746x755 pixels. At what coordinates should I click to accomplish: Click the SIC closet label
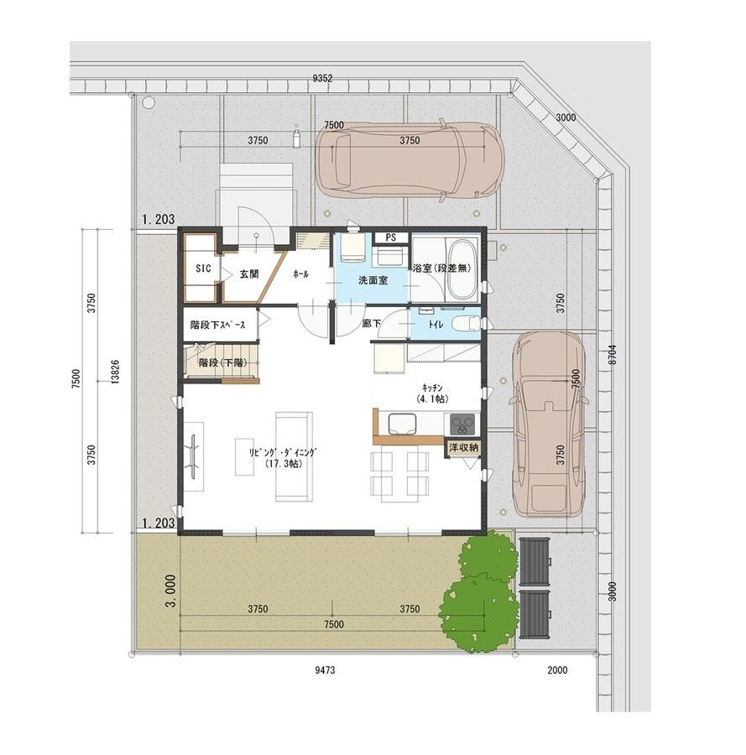(203, 268)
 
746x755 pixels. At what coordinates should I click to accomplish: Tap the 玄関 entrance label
(249, 274)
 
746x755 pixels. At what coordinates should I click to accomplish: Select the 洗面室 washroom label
(373, 280)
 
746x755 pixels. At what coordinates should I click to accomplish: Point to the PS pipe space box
(390, 237)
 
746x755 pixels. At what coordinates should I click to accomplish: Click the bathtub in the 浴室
(462, 268)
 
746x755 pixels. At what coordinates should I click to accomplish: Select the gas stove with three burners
(462, 424)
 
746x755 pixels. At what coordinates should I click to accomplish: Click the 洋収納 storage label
(463, 447)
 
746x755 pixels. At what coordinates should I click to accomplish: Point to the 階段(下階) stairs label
(222, 362)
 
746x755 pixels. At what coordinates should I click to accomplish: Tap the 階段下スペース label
(217, 325)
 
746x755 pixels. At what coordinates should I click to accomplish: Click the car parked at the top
(410, 159)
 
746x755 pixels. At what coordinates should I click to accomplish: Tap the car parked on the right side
(550, 424)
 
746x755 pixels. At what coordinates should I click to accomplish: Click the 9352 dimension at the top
(323, 79)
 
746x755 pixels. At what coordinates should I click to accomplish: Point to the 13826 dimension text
(115, 372)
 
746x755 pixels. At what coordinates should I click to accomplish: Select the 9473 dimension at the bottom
(325, 669)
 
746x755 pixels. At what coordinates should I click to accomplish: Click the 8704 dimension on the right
(612, 354)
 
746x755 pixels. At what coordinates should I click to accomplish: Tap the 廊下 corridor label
(371, 324)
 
